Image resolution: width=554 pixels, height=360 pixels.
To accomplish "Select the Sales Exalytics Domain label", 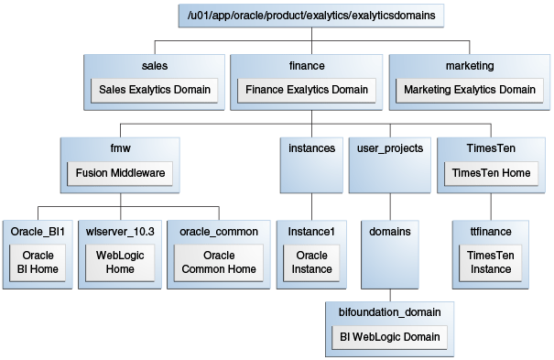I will (154, 90).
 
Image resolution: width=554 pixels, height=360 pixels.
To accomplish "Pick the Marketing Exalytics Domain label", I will (469, 90).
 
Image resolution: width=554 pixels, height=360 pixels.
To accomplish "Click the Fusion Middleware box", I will (119, 172).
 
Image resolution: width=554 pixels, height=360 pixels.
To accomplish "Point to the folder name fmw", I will (119, 147).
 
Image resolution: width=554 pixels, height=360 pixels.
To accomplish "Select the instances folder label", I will (311, 147).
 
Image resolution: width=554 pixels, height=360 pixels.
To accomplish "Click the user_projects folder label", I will (388, 147).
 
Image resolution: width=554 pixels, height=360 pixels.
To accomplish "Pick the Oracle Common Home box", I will (219, 262).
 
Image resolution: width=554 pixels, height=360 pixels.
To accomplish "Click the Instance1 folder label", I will (311, 231).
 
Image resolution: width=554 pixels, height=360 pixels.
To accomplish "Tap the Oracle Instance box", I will (311, 262).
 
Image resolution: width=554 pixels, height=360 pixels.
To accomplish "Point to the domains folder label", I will (388, 231).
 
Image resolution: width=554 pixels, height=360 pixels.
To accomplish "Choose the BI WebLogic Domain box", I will (389, 336).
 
